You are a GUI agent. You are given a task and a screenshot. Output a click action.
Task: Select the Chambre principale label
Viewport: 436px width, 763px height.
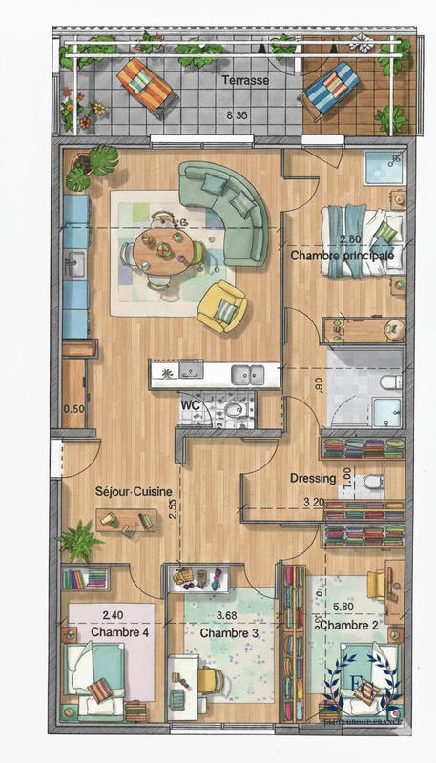[343, 257]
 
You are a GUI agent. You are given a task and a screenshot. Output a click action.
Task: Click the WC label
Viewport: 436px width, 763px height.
[191, 404]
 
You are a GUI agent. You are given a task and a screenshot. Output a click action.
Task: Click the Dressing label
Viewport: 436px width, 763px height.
[313, 479]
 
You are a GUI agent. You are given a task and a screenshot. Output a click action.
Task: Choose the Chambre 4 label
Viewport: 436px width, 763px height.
[113, 631]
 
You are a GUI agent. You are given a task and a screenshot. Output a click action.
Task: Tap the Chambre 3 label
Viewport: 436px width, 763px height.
[224, 631]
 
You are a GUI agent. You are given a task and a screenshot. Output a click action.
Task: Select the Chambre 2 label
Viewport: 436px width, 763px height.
[345, 625]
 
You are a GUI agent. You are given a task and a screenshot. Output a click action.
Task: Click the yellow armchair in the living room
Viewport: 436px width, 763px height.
[222, 306]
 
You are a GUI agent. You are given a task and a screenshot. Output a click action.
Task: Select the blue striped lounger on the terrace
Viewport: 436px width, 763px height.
[331, 87]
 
